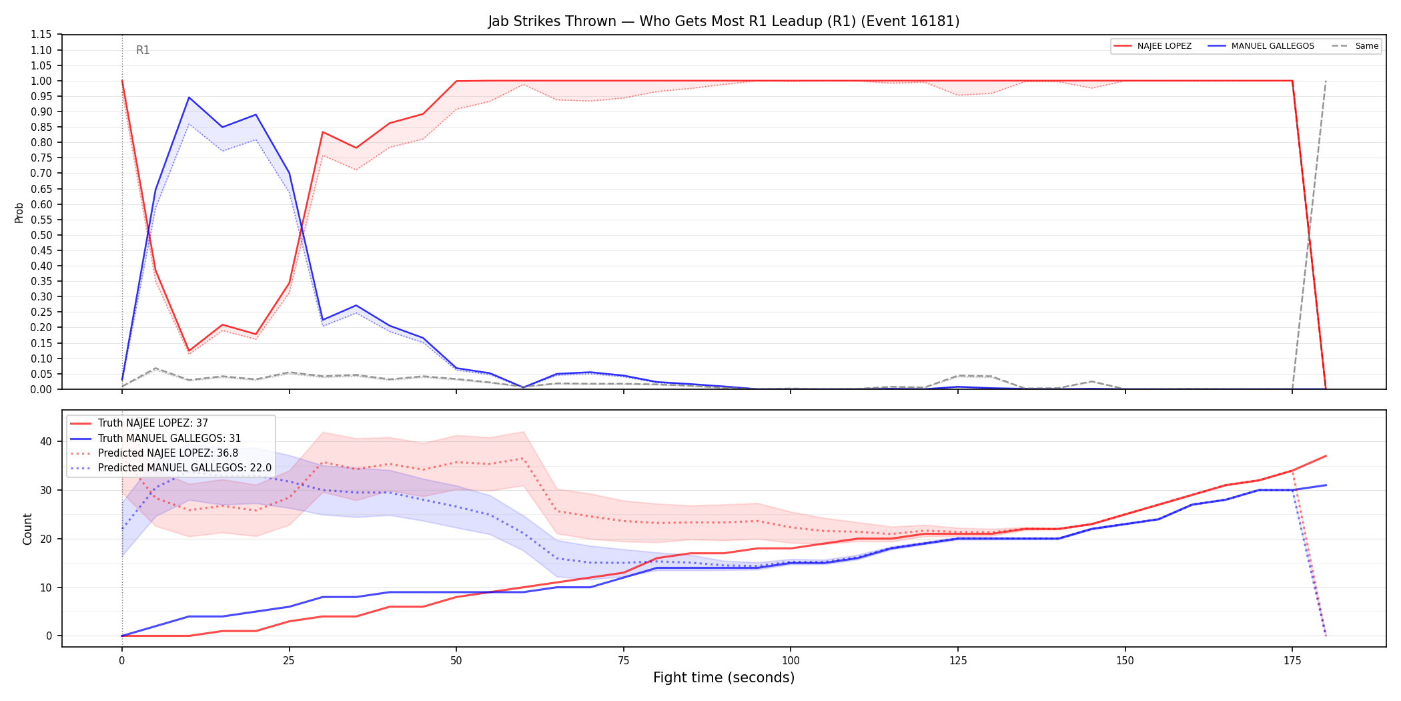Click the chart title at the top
pyautogui.click(x=724, y=21)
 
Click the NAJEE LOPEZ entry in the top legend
pyautogui.click(x=1153, y=46)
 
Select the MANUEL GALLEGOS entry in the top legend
pyautogui.click(x=1261, y=46)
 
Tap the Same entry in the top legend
pyautogui.click(x=1355, y=46)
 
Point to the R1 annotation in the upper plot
pyautogui.click(x=143, y=50)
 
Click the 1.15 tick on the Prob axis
pyautogui.click(x=41, y=35)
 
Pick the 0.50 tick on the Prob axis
pyautogui.click(x=41, y=235)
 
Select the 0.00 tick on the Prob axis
pyautogui.click(x=41, y=389)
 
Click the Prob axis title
pyautogui.click(x=19, y=212)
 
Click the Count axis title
pyautogui.click(x=27, y=529)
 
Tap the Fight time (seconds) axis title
pyautogui.click(x=724, y=678)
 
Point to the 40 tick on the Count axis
pyautogui.click(x=45, y=441)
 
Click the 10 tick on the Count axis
pyautogui.click(x=45, y=588)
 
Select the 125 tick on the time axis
pyautogui.click(x=958, y=661)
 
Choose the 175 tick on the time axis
pyautogui.click(x=1292, y=661)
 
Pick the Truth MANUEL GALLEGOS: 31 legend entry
pyautogui.click(x=155, y=439)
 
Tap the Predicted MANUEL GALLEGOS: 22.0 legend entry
pyautogui.click(x=171, y=468)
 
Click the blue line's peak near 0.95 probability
pyautogui.click(x=189, y=97)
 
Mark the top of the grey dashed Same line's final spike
pyautogui.click(x=1326, y=81)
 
